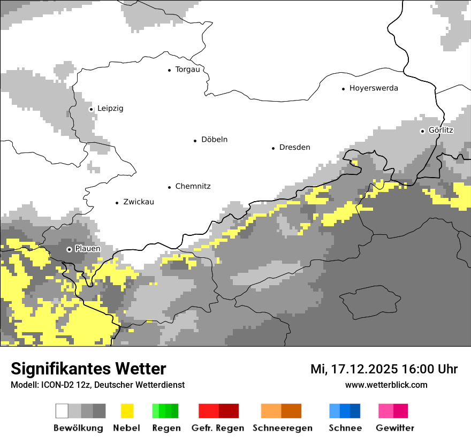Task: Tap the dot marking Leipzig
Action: point(91,109)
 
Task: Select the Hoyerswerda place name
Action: point(374,88)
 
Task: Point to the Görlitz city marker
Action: point(423,131)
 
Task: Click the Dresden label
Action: point(294,148)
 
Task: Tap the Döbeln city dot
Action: point(195,141)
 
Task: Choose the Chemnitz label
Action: point(193,187)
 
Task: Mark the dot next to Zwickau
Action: point(117,203)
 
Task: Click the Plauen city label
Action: point(87,249)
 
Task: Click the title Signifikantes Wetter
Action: point(89,369)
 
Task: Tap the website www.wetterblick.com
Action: point(386,385)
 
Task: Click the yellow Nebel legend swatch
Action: point(127,411)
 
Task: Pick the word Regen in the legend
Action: point(166,428)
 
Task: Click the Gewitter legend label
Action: point(395,428)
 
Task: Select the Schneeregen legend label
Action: point(282,428)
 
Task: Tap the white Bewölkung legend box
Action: point(62,411)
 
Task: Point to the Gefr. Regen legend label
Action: point(218,428)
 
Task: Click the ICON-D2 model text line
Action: point(97,385)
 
